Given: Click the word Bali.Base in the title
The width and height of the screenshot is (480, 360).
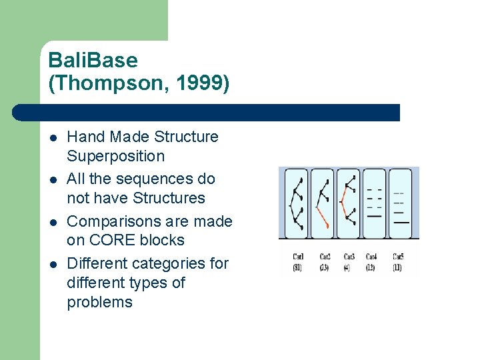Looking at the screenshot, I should point(93,61).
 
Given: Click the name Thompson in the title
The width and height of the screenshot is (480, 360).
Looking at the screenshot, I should point(111,85).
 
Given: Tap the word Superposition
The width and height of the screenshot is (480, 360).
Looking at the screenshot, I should point(115,156).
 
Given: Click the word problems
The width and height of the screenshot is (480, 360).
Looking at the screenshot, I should point(99,302).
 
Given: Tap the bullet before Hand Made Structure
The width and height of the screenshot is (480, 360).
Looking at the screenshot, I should point(53,138).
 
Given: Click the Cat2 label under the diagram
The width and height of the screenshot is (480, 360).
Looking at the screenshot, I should point(325,257).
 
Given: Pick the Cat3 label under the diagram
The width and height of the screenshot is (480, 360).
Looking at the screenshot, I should point(349,257).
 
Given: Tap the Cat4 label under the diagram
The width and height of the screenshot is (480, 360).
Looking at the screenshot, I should point(372,257).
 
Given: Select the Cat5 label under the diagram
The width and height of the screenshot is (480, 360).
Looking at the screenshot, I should point(398,257).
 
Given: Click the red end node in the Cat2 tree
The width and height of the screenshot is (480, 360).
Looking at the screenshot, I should point(328,227).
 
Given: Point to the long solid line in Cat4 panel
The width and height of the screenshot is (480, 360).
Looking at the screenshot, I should point(375,216).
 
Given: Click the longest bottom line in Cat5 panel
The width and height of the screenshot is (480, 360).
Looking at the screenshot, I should point(401,222).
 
